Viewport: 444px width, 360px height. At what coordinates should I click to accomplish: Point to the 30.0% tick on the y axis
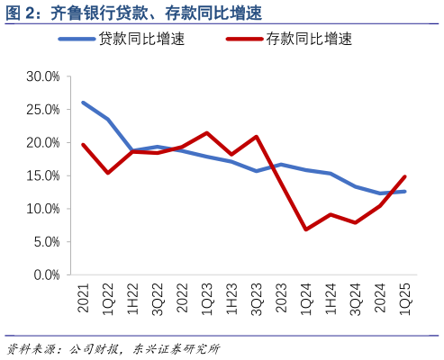(41, 76)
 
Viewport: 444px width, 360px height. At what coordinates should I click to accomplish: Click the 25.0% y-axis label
(41, 110)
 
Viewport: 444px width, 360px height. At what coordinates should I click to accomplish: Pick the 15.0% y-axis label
(41, 175)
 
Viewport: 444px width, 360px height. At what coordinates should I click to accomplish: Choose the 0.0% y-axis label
(44, 274)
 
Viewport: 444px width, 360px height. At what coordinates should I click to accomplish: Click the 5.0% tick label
(44, 242)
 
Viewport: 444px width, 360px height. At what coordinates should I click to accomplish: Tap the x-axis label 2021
(84, 298)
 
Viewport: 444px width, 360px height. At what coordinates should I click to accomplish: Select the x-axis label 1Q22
(108, 298)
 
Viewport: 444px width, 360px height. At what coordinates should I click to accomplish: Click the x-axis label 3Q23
(257, 298)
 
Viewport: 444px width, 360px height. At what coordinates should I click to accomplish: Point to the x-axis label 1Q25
(404, 298)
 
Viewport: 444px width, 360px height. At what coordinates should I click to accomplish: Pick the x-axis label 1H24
(331, 298)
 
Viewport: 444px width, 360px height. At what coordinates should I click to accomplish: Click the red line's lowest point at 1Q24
(306, 229)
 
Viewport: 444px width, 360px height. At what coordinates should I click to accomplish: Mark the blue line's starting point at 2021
(84, 103)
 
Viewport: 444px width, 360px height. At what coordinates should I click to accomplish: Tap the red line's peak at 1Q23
(207, 133)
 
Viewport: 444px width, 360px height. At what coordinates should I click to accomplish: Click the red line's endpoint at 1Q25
(404, 176)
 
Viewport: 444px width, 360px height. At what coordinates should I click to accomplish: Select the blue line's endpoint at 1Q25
(404, 191)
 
